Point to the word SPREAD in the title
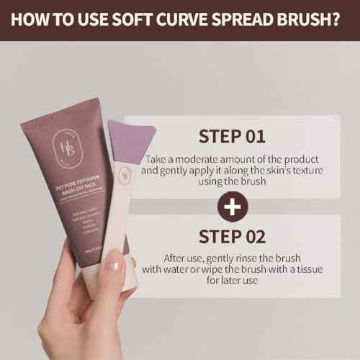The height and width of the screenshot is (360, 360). [x=234, y=19]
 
